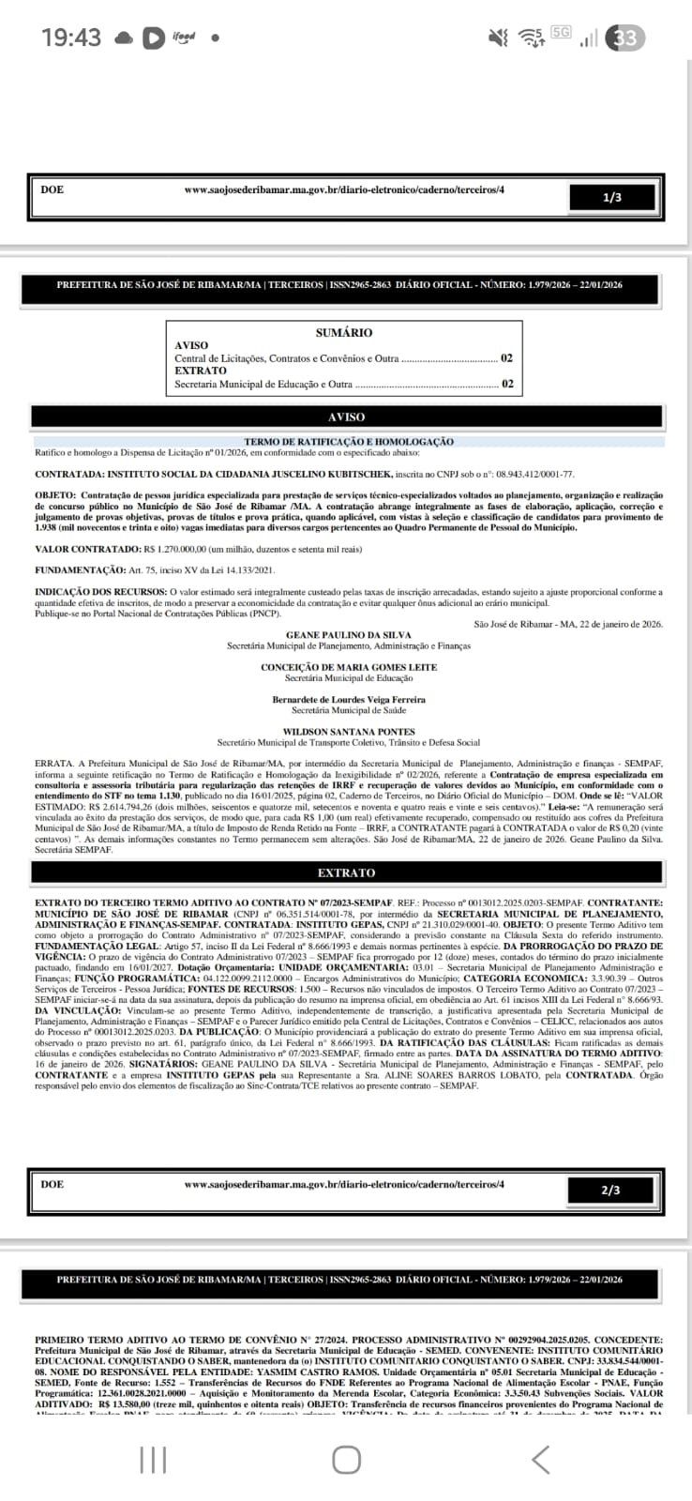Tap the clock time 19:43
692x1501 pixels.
tap(71, 38)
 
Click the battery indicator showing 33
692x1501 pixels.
tap(625, 38)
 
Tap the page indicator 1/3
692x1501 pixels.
tap(612, 197)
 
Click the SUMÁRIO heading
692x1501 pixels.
tap(344, 332)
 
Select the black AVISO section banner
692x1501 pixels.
tap(346, 417)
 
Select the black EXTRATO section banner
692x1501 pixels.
tap(346, 872)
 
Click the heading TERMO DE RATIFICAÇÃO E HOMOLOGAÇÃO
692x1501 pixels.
tap(349, 442)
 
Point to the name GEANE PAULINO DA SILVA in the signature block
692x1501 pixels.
tap(348, 635)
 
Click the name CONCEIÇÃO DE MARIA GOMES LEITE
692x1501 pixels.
tap(348, 667)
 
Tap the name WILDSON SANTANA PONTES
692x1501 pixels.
tap(348, 732)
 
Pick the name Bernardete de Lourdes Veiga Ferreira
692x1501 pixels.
tap(348, 700)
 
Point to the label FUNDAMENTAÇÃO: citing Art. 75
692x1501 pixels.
tap(80, 570)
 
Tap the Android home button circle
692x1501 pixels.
tap(346, 1460)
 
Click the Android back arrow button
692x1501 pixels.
tap(540, 1460)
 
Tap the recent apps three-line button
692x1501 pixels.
tap(153, 1460)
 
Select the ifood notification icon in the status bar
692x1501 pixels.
tap(184, 38)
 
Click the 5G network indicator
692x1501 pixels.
tap(561, 33)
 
